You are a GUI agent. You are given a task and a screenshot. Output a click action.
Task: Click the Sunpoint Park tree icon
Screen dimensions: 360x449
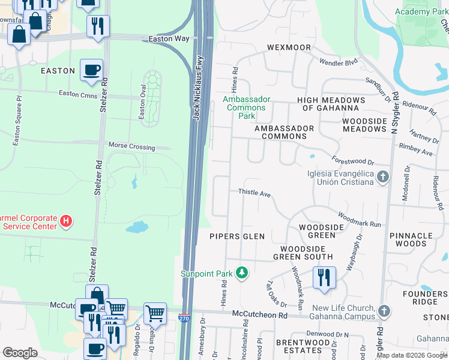[241, 274]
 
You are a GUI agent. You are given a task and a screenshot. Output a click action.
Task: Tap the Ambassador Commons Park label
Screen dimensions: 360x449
[246, 107]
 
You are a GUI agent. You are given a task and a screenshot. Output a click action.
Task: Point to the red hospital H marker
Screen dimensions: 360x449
[66, 222]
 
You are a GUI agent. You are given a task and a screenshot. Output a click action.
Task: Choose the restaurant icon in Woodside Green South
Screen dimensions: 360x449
[324, 277]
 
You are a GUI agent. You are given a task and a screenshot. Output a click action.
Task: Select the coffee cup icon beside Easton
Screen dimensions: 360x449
[91, 70]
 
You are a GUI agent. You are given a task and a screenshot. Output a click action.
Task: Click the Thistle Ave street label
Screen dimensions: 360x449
[255, 194]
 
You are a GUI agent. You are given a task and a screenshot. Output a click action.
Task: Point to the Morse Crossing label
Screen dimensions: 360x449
[131, 146]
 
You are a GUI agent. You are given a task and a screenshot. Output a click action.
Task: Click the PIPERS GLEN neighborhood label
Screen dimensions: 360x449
[237, 236]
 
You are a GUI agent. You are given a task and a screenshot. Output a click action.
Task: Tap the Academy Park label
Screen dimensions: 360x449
[422, 12]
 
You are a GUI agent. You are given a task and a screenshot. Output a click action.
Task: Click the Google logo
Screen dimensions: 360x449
[20, 353]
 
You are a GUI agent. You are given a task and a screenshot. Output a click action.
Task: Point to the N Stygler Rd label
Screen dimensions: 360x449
[395, 113]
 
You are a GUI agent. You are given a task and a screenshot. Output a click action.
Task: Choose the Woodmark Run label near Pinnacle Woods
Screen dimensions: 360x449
[360, 219]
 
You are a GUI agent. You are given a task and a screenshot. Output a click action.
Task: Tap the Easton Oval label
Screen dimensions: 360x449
[142, 107]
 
